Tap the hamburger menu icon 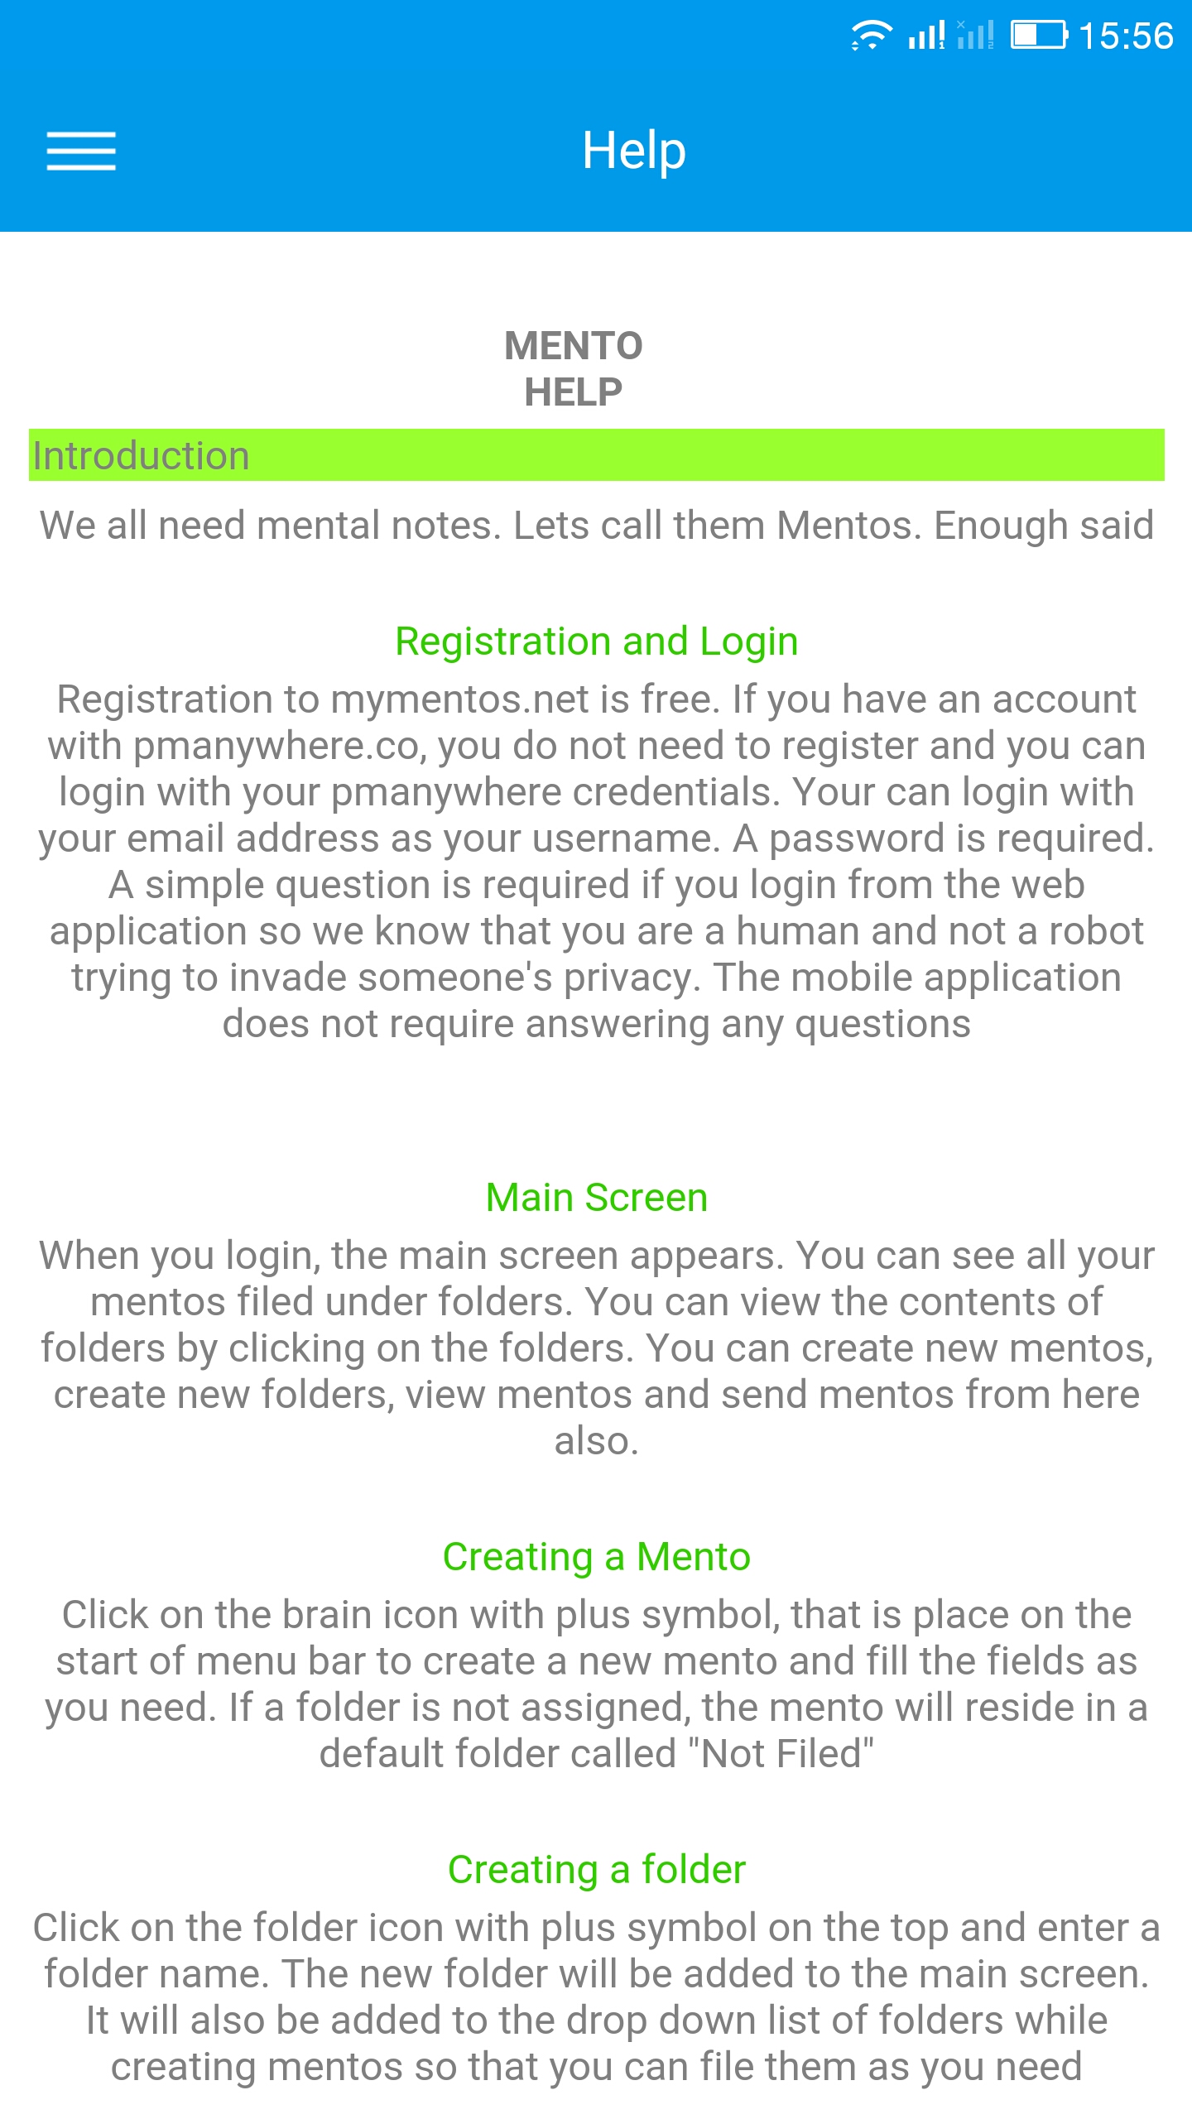tap(81, 151)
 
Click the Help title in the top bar tap(634, 151)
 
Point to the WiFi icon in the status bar tap(871, 36)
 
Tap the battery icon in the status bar tap(1039, 36)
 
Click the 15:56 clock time tap(1126, 36)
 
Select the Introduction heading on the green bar tap(141, 456)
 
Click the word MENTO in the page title tap(574, 346)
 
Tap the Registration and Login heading tap(596, 641)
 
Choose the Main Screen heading tap(596, 1198)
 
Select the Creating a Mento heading tap(596, 1557)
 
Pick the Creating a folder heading tap(596, 1870)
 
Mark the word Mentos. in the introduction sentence tap(849, 526)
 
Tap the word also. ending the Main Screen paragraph tap(596, 1441)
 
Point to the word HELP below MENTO tap(574, 392)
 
